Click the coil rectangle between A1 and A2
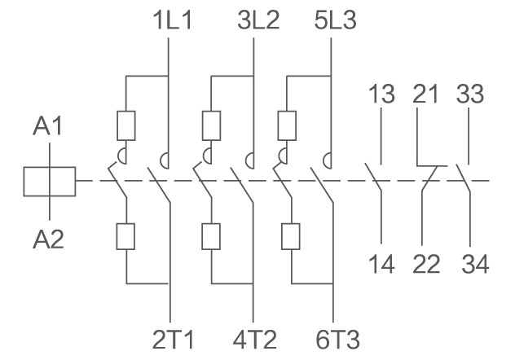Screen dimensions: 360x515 tap(50, 181)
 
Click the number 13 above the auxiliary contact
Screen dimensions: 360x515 tap(381, 94)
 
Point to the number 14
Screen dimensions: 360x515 tap(381, 265)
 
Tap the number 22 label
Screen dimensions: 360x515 tap(425, 265)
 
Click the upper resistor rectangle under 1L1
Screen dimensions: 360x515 tap(126, 125)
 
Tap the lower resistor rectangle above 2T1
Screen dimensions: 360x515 tap(126, 235)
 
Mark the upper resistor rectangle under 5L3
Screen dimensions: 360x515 tap(288, 125)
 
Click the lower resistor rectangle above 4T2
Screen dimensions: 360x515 tap(210, 235)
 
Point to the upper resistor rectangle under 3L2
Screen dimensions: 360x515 tap(210, 125)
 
